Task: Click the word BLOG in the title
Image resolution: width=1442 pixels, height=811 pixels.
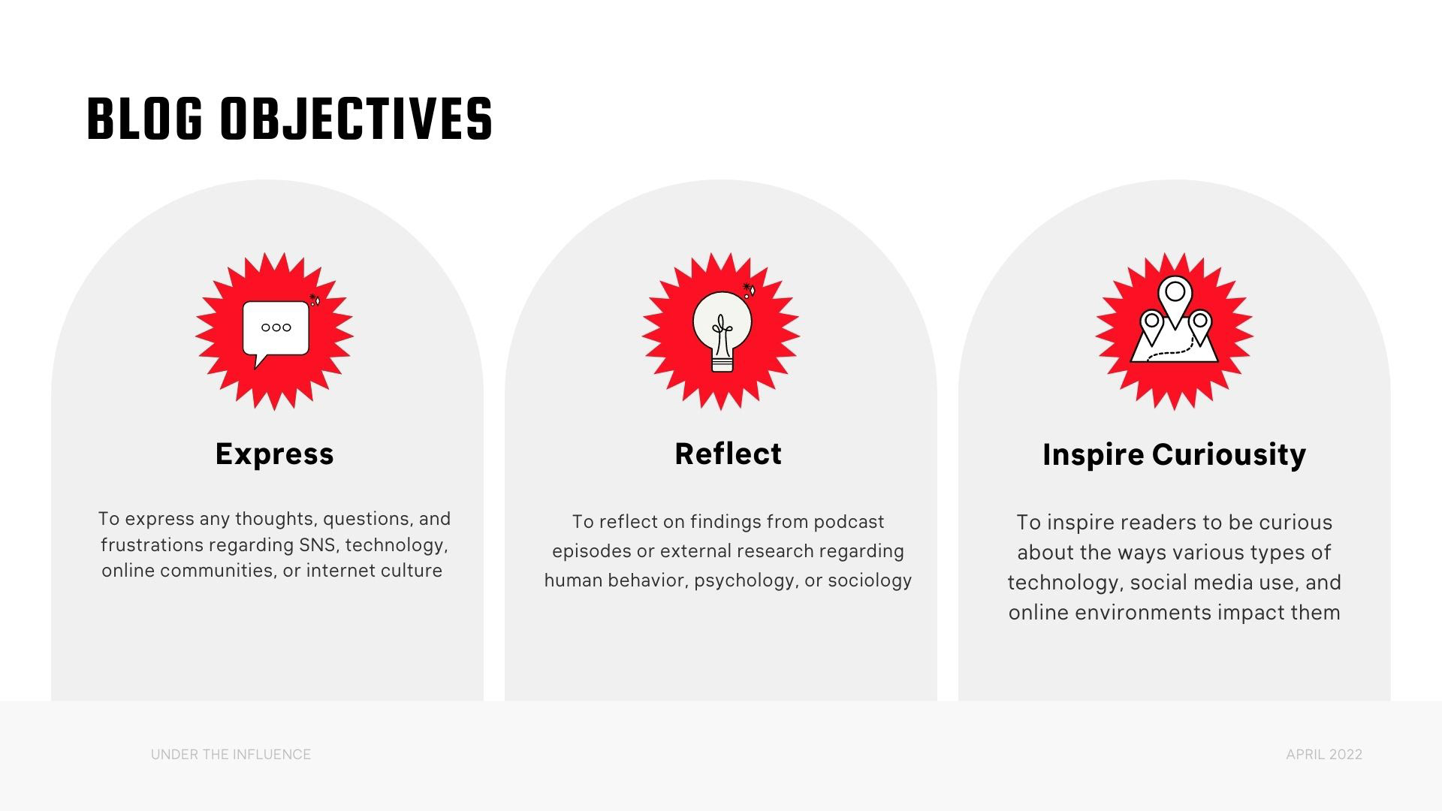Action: [x=145, y=119]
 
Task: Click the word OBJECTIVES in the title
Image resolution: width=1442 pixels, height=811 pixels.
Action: [x=357, y=119]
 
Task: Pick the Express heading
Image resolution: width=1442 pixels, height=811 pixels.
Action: [x=274, y=454]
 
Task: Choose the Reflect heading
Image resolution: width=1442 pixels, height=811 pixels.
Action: [x=728, y=454]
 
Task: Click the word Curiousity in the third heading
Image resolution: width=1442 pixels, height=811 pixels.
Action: [x=1229, y=455]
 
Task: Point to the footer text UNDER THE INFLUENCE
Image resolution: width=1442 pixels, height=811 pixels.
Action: [x=231, y=755]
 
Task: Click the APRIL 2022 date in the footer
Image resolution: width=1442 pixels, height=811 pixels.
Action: [x=1324, y=755]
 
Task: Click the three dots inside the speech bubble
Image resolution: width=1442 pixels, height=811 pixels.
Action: [x=276, y=327]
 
